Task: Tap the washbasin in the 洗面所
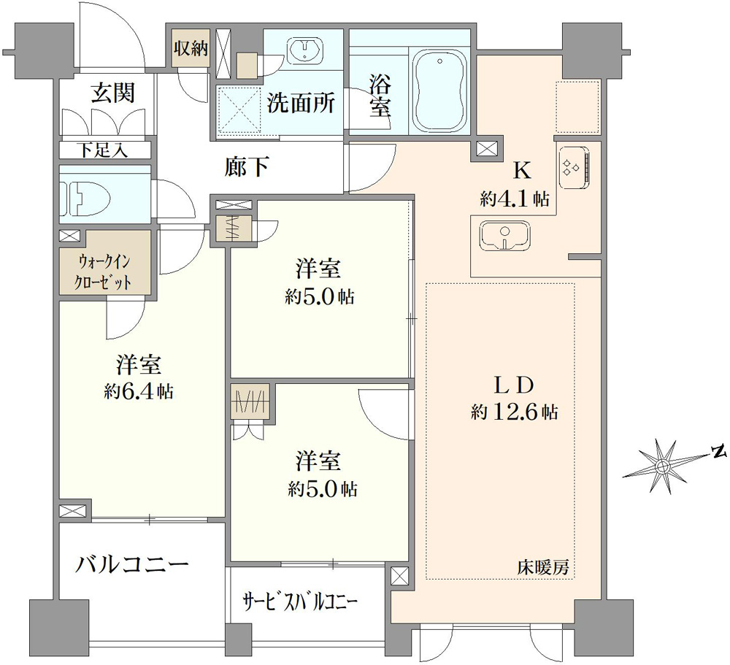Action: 305,50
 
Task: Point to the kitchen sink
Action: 505,235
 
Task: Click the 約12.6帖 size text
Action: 513,412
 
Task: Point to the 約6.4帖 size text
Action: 139,391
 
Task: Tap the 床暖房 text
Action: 543,568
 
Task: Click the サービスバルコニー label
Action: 300,602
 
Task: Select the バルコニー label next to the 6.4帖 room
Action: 132,565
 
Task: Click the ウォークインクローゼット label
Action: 104,272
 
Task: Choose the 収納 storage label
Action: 191,48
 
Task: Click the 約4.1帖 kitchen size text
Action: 515,199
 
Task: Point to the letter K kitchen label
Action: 522,172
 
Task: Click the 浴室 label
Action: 380,97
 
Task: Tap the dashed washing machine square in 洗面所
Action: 239,111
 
